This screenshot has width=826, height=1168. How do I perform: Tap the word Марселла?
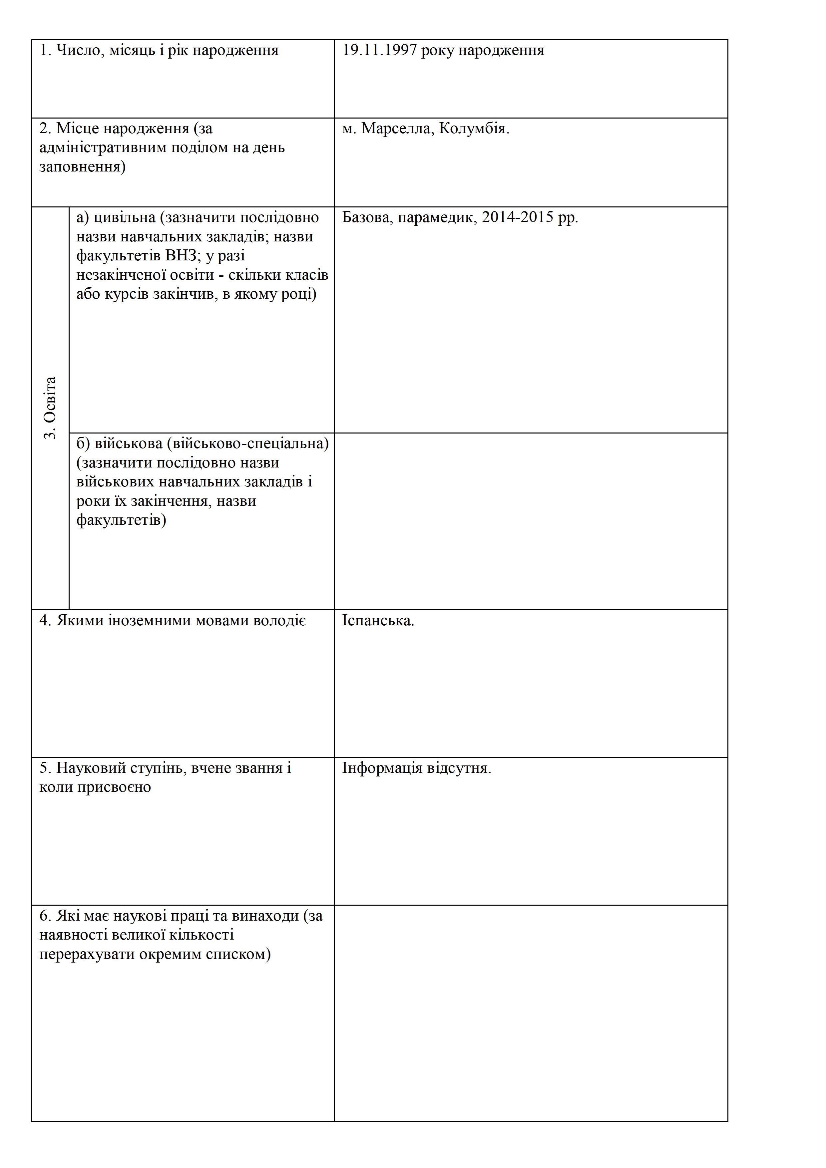pos(395,129)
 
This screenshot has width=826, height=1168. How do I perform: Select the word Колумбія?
pos(474,129)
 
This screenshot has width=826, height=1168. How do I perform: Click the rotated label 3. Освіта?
pos(50,408)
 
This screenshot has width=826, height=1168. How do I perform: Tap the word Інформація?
pos(382,768)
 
